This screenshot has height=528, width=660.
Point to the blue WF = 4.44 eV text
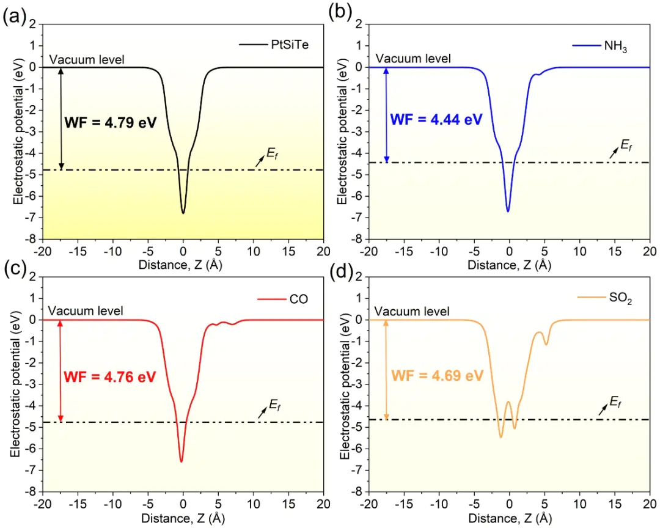point(436,119)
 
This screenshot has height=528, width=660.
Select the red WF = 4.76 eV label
point(110,375)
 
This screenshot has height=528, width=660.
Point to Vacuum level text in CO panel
point(86,311)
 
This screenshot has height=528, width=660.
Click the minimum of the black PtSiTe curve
point(183,213)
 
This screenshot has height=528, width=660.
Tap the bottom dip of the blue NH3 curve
point(508,211)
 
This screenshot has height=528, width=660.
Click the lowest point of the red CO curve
point(182,461)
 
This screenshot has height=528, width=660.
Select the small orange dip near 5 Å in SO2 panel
point(546,345)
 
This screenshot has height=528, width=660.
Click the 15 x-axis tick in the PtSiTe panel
point(288,251)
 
